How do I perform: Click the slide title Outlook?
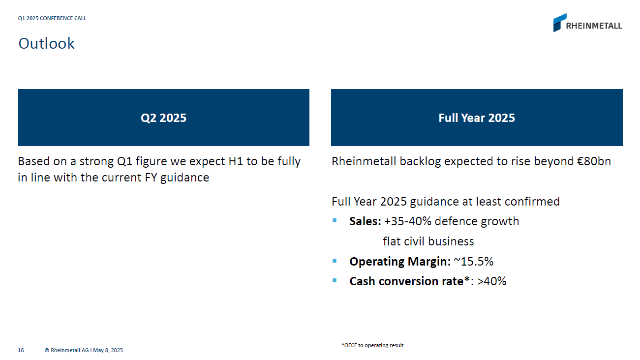pyautogui.click(x=46, y=43)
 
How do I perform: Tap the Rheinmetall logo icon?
pyautogui.click(x=559, y=23)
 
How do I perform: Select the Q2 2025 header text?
pyautogui.click(x=163, y=118)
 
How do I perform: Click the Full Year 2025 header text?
pyautogui.click(x=476, y=118)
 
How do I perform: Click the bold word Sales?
pyautogui.click(x=365, y=221)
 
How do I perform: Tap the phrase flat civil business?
pyautogui.click(x=428, y=241)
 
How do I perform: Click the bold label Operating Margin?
pyautogui.click(x=399, y=262)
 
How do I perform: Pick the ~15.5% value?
pyautogui.click(x=473, y=262)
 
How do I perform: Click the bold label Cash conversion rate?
pyautogui.click(x=406, y=281)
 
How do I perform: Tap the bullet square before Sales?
pyautogui.click(x=335, y=220)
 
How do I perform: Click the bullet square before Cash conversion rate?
pyautogui.click(x=335, y=280)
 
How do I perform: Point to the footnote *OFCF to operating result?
pyautogui.click(x=372, y=345)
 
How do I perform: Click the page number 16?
pyautogui.click(x=21, y=350)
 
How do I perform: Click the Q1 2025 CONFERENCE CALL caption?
pyautogui.click(x=52, y=18)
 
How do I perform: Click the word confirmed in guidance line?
pyautogui.click(x=534, y=201)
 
